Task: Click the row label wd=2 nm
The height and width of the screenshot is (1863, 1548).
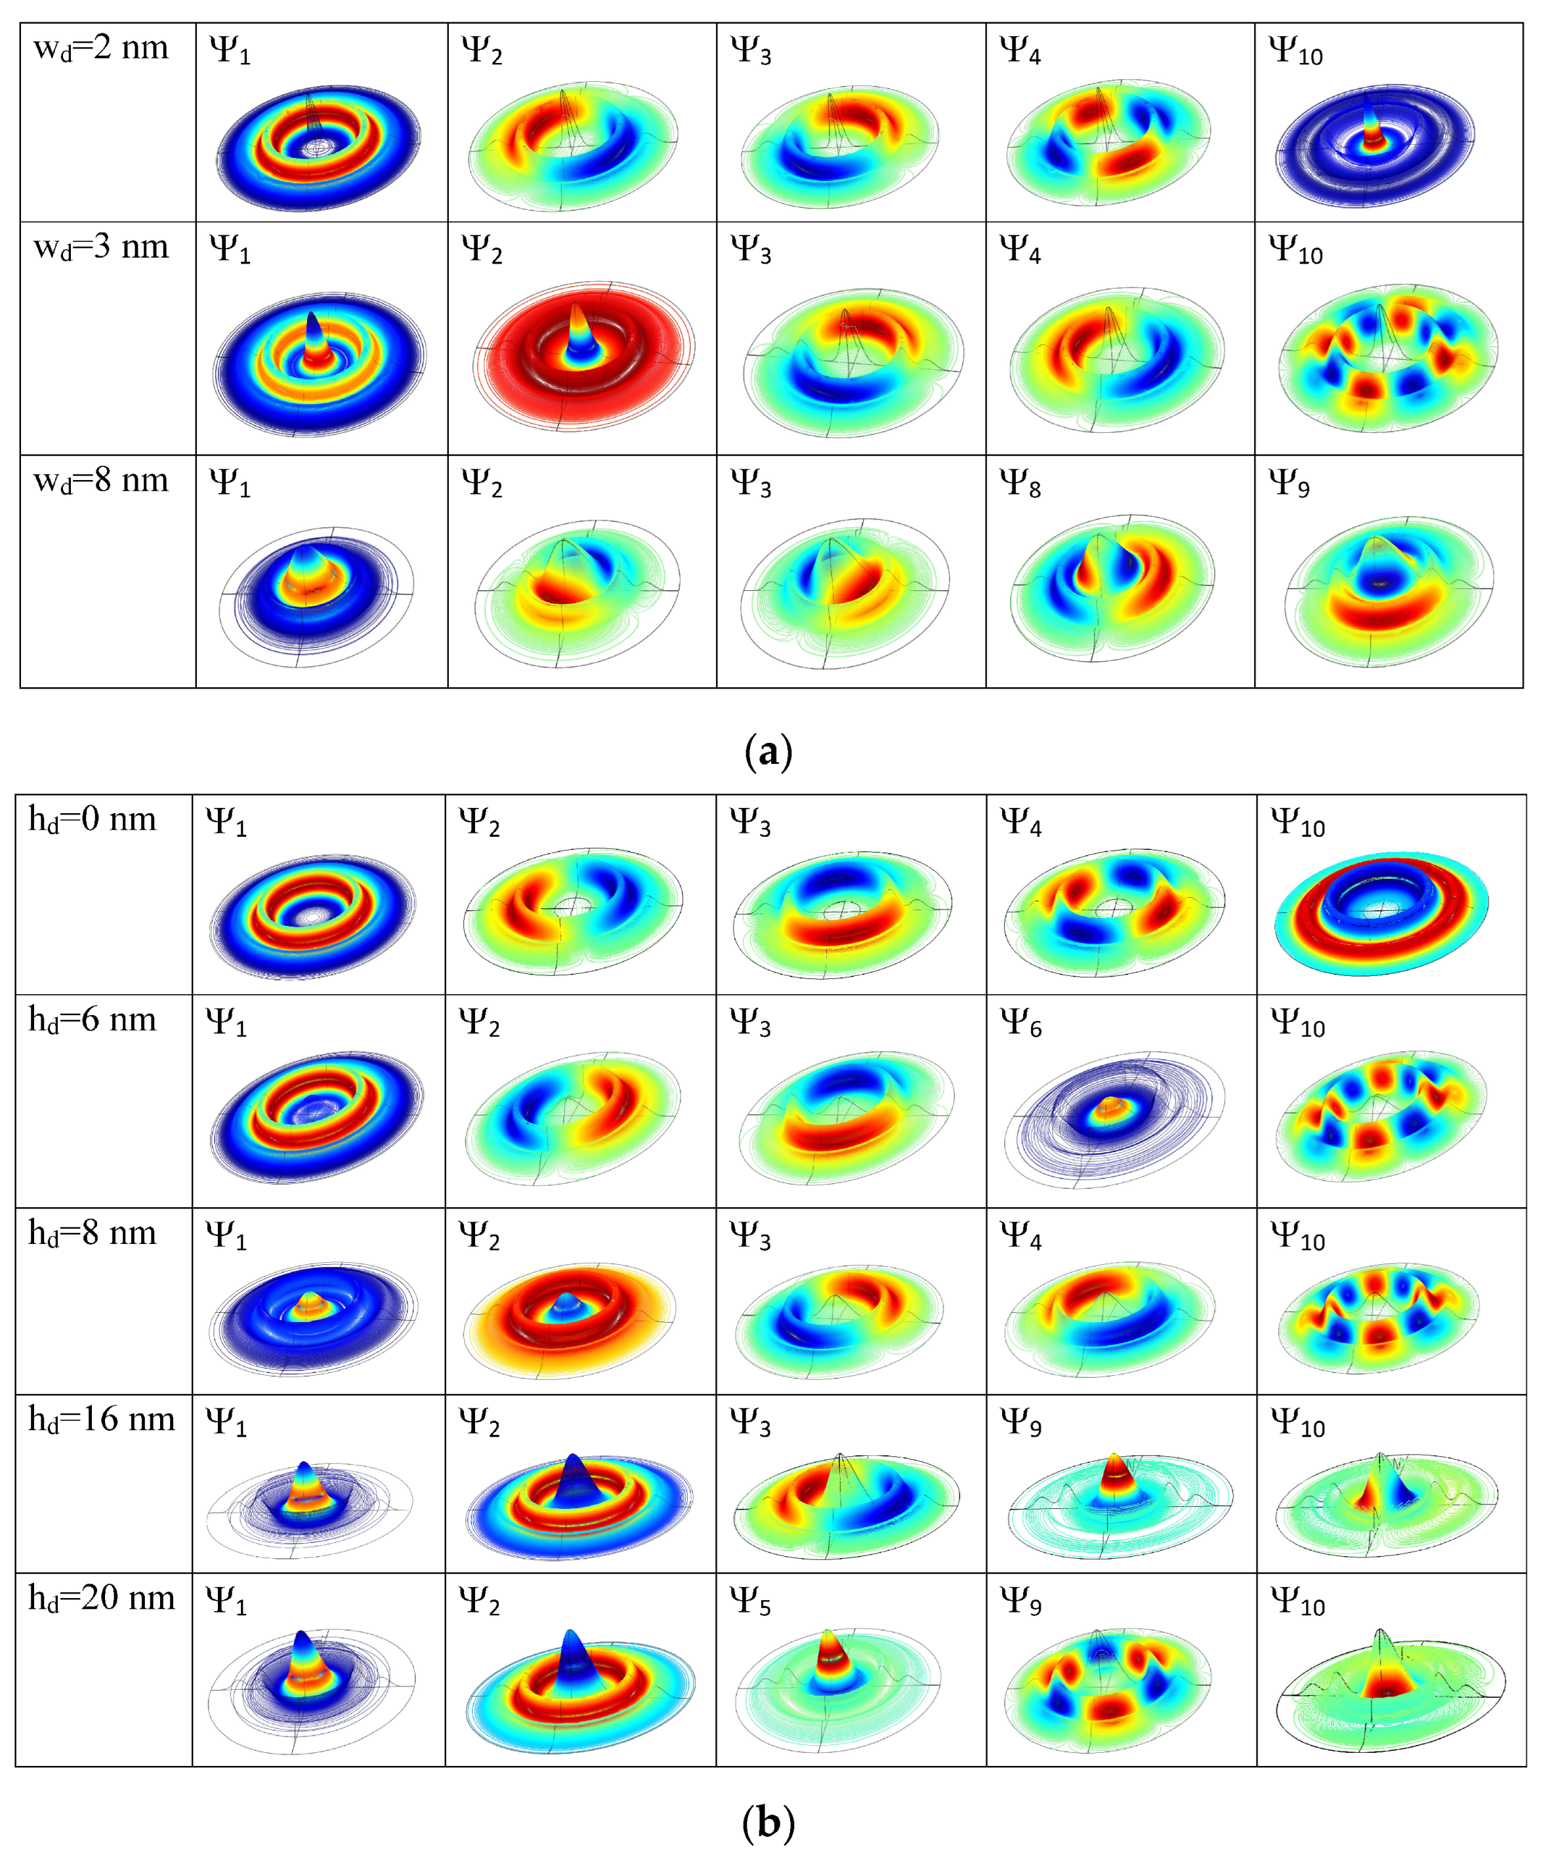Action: tap(100, 49)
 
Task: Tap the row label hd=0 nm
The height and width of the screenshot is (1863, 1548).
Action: tap(93, 820)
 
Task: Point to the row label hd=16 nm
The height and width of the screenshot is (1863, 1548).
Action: tap(101, 1420)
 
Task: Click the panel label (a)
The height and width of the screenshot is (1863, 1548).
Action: tap(768, 752)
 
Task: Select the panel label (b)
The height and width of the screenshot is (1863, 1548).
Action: tap(768, 1823)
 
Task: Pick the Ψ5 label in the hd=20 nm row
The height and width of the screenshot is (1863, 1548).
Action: tap(750, 1601)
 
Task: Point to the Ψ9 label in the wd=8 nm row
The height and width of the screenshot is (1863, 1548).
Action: tap(1289, 483)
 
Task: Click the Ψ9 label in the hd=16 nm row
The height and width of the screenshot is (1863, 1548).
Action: tap(1021, 1423)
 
